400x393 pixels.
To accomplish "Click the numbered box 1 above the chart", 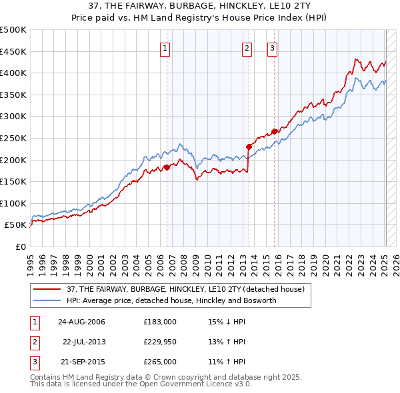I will click(164, 47).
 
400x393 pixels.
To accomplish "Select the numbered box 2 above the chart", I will click(247, 47).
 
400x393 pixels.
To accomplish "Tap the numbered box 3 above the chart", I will click(273, 47).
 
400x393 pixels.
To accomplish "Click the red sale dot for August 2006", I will click(167, 167).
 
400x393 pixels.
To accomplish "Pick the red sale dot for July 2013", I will click(249, 147).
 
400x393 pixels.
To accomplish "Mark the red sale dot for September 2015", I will click(274, 131).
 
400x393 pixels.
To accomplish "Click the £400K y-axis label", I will click(13, 73).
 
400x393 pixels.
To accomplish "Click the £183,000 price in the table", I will click(160, 322).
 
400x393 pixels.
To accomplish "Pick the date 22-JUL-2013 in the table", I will click(84, 342).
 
